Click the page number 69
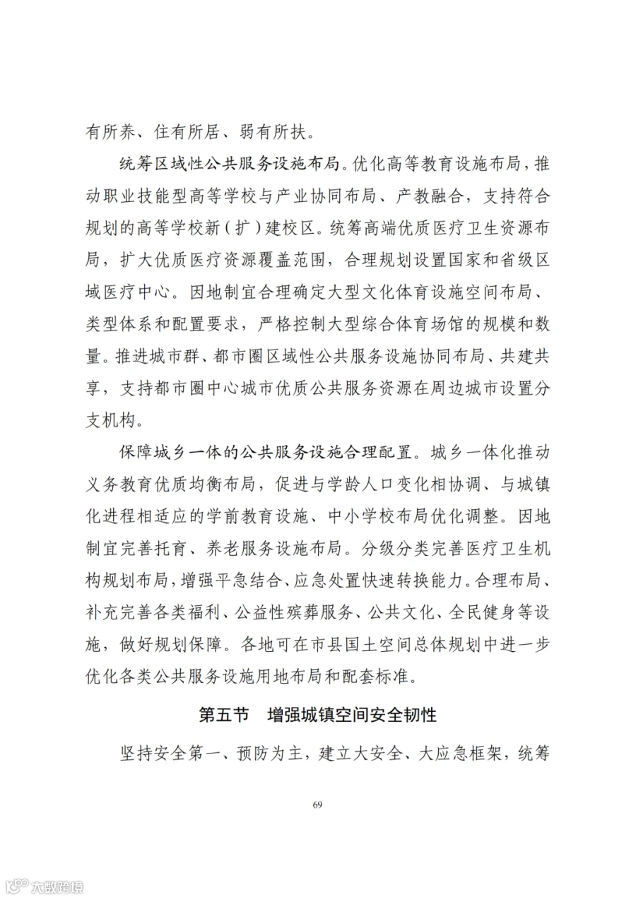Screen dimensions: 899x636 (317, 806)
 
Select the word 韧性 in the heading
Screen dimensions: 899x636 (420, 714)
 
